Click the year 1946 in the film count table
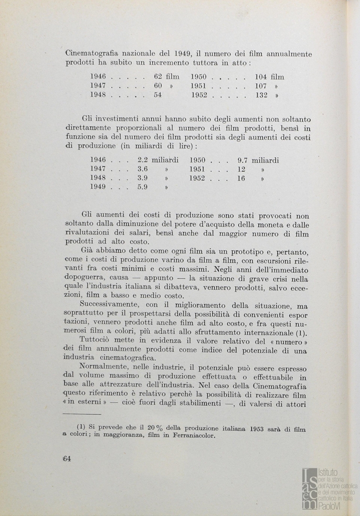(98, 76)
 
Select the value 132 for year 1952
(261, 95)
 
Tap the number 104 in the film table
(261, 76)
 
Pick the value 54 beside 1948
(158, 95)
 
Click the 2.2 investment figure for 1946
(142, 161)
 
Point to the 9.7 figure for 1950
(242, 161)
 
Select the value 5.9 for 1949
(142, 187)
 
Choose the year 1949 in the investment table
(98, 187)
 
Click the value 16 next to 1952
(241, 178)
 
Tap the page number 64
(66, 459)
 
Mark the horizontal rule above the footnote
(82, 415)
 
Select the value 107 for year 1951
(261, 86)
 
